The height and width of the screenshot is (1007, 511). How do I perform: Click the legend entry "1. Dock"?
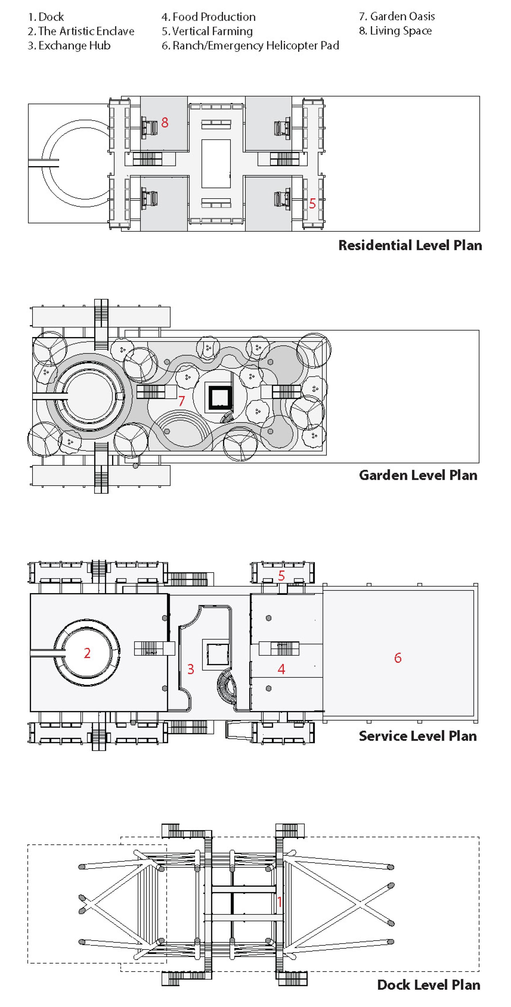[46, 17]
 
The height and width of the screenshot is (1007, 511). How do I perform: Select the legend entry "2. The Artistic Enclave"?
[81, 31]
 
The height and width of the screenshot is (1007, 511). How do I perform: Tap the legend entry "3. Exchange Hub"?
[69, 46]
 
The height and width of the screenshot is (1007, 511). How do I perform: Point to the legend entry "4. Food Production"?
[209, 17]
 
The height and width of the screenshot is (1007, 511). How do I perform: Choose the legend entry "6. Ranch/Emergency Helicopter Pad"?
[250, 46]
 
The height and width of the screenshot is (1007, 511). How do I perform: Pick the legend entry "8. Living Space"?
[395, 31]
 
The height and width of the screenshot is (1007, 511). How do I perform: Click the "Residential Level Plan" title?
[410, 245]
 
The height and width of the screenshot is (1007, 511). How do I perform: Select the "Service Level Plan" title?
[418, 736]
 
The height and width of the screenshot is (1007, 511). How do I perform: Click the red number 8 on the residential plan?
[165, 123]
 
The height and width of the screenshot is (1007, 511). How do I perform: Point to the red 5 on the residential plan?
[312, 204]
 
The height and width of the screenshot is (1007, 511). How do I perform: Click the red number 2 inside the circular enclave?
[87, 653]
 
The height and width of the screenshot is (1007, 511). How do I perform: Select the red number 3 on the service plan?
[191, 669]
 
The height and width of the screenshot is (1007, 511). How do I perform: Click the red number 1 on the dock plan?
[279, 901]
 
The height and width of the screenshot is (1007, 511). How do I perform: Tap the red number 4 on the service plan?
[281, 669]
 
